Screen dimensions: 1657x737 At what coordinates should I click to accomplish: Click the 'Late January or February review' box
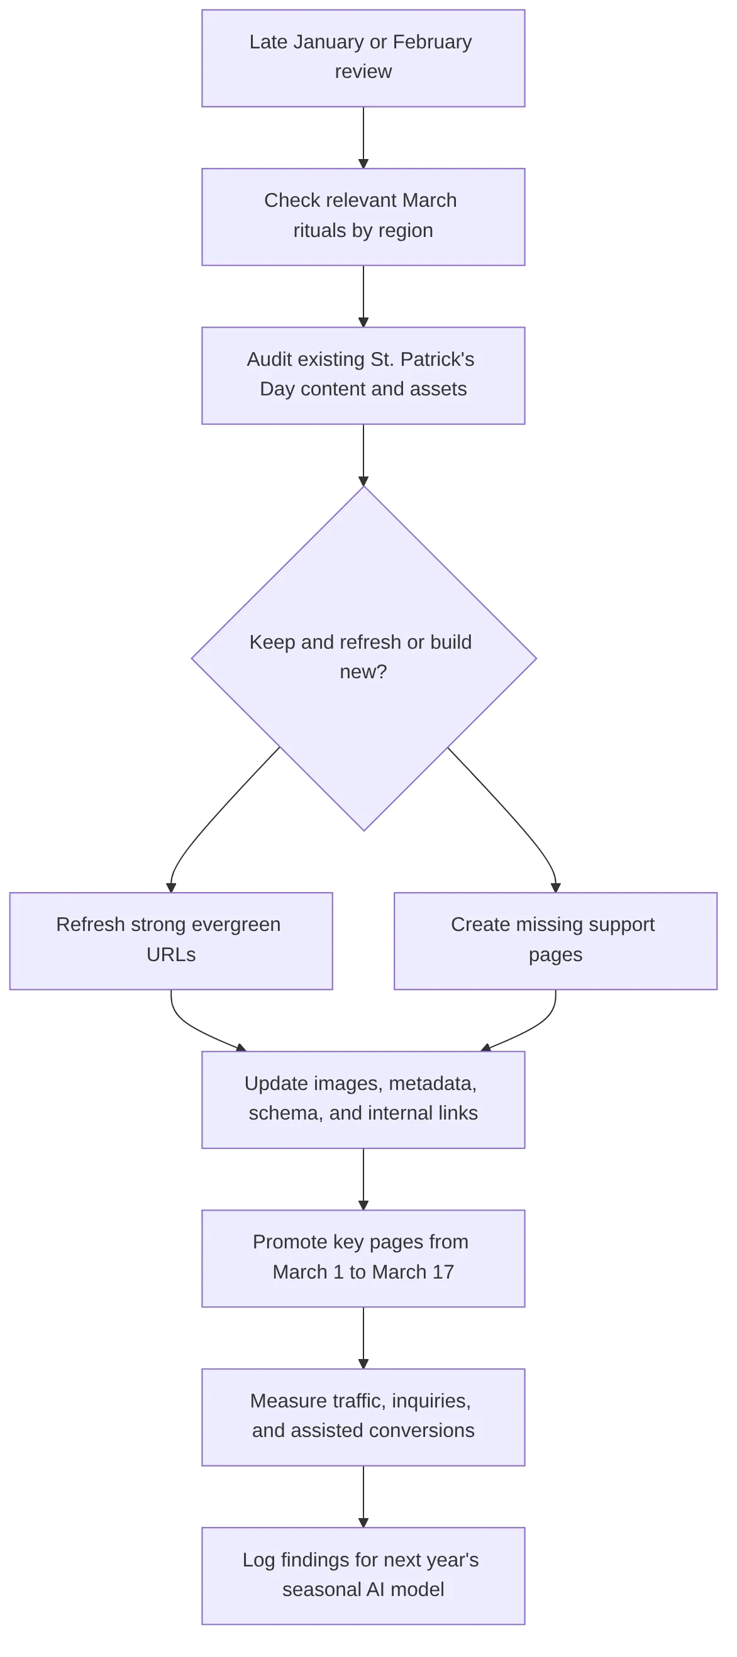click(x=363, y=58)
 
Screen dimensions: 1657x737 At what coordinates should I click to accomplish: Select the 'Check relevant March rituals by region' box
click(x=363, y=216)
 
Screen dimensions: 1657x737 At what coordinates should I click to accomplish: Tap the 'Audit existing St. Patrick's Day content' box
click(x=363, y=376)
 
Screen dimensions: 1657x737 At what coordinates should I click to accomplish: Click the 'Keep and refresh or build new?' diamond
click(x=363, y=658)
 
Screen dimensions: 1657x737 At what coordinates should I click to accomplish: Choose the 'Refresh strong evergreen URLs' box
click(x=170, y=940)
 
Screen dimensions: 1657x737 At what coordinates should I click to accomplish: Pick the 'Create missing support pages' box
click(x=555, y=940)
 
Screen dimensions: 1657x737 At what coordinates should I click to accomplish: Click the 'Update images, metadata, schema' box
click(x=363, y=1099)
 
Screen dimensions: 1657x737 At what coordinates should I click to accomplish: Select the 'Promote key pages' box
click(x=363, y=1258)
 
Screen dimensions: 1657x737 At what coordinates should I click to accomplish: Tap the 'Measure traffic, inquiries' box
click(x=363, y=1417)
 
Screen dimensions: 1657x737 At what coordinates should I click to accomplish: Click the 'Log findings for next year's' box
click(x=363, y=1575)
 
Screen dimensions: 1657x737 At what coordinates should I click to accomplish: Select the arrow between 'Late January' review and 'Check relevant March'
click(x=363, y=137)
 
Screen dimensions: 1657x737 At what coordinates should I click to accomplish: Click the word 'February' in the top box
click(x=432, y=42)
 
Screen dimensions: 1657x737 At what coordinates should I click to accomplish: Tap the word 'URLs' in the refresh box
click(x=170, y=955)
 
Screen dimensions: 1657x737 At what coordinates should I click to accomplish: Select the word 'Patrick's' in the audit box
click(x=437, y=360)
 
